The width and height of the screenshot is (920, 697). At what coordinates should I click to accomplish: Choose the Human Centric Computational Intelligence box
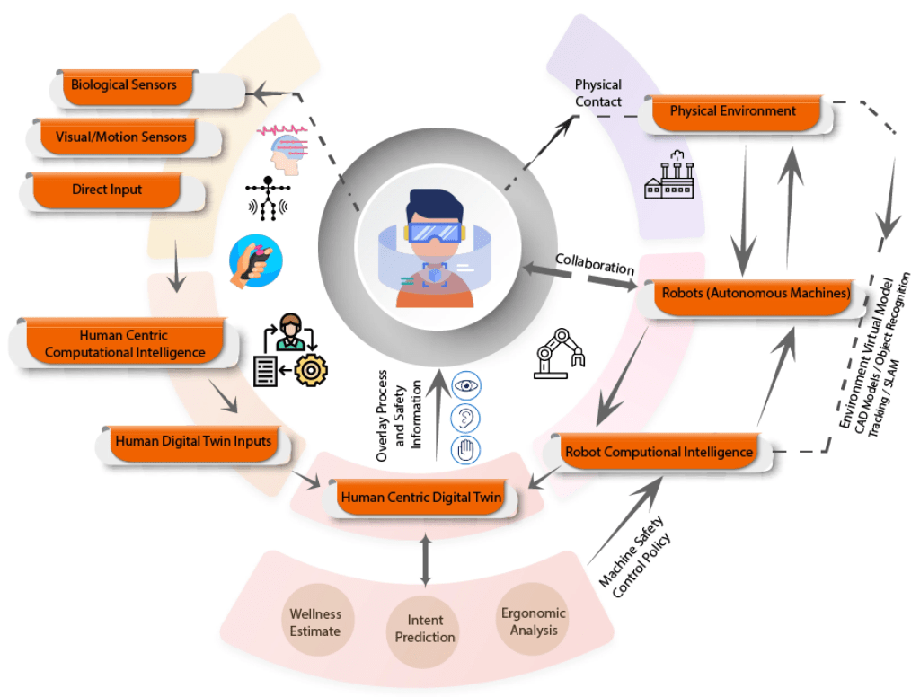pyautogui.click(x=125, y=344)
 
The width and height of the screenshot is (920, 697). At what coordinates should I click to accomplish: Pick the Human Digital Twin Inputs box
pyautogui.click(x=192, y=441)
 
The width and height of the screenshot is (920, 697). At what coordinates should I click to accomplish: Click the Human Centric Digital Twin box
pyautogui.click(x=420, y=495)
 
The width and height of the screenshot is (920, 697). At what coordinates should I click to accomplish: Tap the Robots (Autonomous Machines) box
pyautogui.click(x=756, y=293)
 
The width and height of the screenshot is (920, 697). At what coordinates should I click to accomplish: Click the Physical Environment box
pyautogui.click(x=732, y=111)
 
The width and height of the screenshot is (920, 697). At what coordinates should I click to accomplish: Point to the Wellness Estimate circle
pyautogui.click(x=315, y=622)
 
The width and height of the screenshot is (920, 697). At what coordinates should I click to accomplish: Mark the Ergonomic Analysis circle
pyautogui.click(x=534, y=622)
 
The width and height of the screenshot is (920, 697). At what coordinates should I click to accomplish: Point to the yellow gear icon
pyautogui.click(x=312, y=369)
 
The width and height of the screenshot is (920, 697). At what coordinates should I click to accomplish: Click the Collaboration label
pyautogui.click(x=595, y=266)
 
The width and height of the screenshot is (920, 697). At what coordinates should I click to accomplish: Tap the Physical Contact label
pyautogui.click(x=597, y=93)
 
